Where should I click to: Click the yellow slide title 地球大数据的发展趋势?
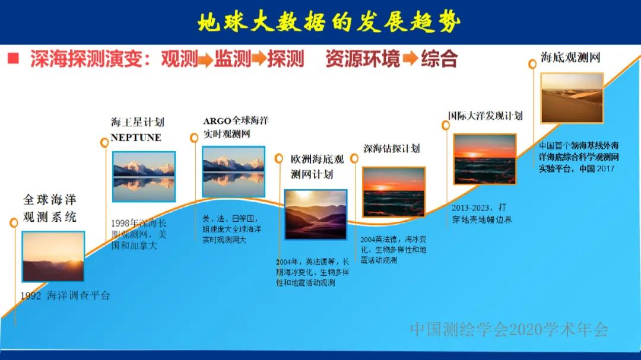329,22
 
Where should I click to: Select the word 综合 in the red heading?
439,59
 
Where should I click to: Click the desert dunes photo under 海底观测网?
572,98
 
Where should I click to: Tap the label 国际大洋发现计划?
485,116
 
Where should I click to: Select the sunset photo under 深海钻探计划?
394,192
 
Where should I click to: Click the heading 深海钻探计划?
392,148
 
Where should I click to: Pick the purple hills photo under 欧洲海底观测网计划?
315,215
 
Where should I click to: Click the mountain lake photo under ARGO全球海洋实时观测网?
233,171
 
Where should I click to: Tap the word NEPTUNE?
136,138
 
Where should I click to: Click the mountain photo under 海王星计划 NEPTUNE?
144,177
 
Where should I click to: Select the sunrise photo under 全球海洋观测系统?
53,257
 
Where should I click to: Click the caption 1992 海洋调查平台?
65,295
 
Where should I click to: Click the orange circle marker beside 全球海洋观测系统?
14,222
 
